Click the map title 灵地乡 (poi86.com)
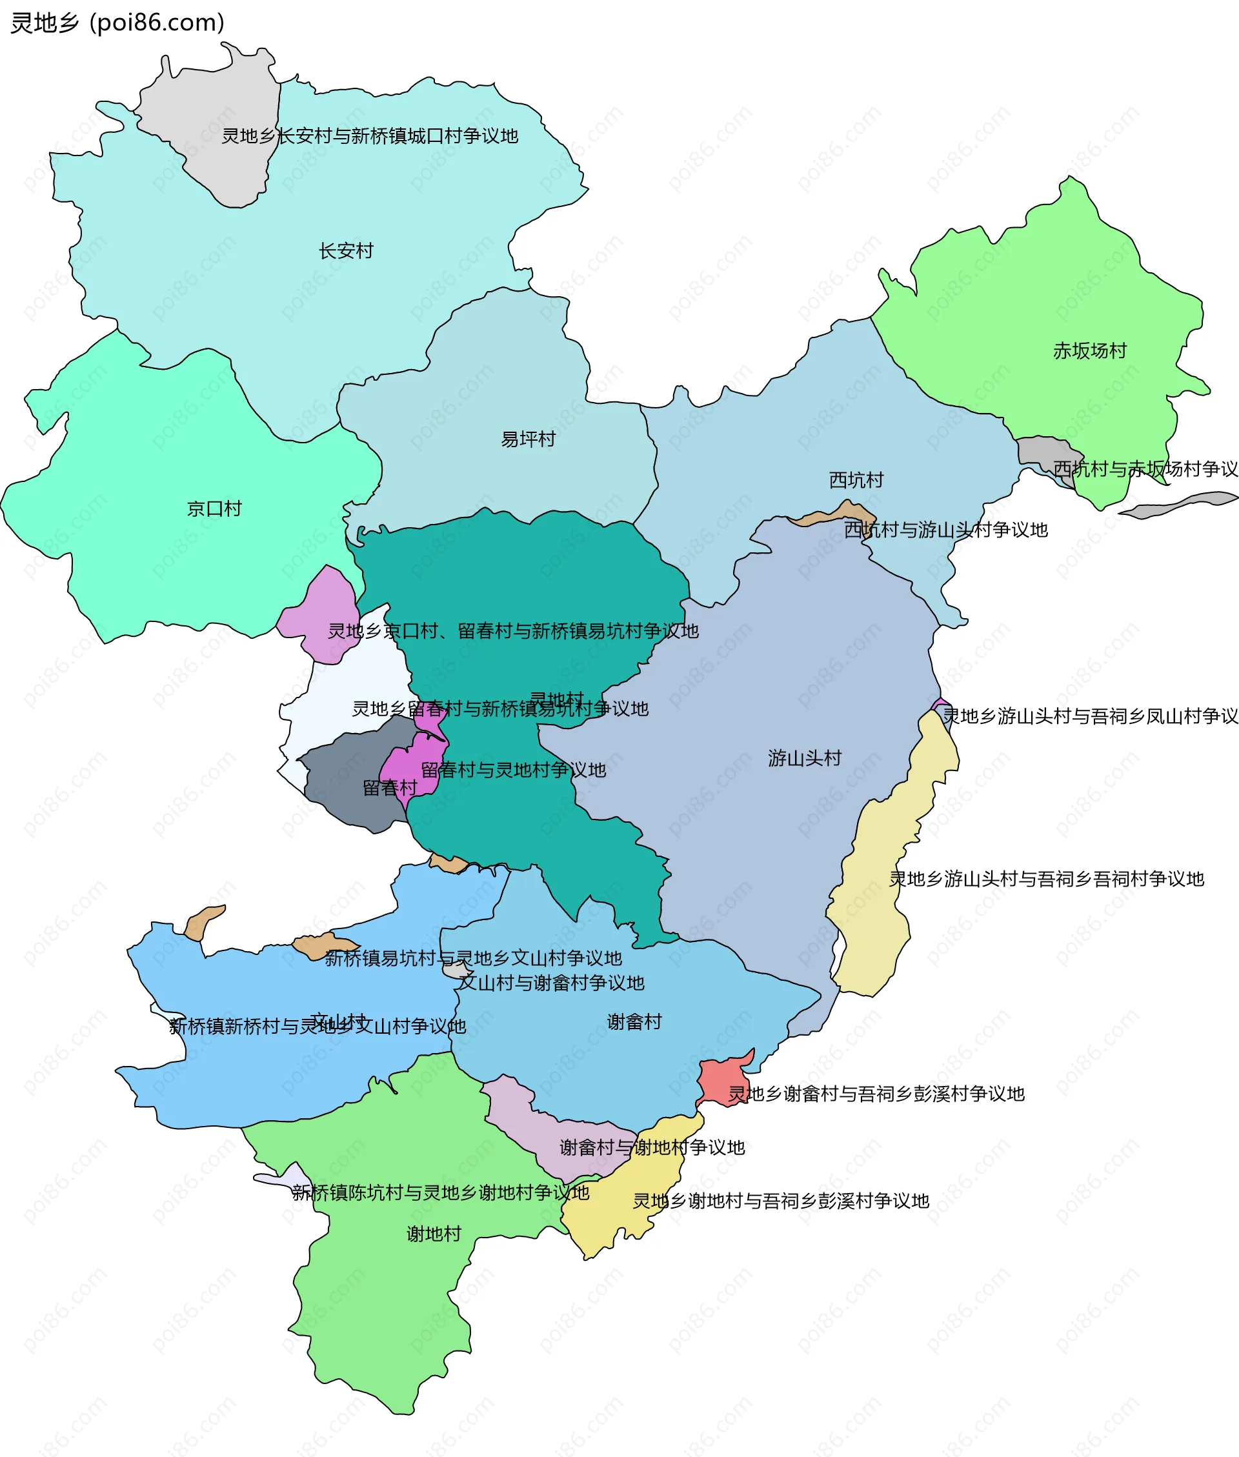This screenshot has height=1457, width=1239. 117,23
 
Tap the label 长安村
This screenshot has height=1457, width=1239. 346,250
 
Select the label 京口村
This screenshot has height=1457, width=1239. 214,508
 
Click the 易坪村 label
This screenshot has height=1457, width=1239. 529,439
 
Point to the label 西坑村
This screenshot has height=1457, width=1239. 856,480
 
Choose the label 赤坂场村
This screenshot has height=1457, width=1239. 1089,350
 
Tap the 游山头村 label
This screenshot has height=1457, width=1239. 804,758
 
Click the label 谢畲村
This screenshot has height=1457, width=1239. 634,1021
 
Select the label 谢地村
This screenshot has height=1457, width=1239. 434,1234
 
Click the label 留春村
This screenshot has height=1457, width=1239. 390,788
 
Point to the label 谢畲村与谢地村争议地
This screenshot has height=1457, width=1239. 652,1147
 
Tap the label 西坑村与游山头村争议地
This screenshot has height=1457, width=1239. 945,529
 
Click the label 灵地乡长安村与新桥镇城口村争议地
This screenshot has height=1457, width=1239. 370,136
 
